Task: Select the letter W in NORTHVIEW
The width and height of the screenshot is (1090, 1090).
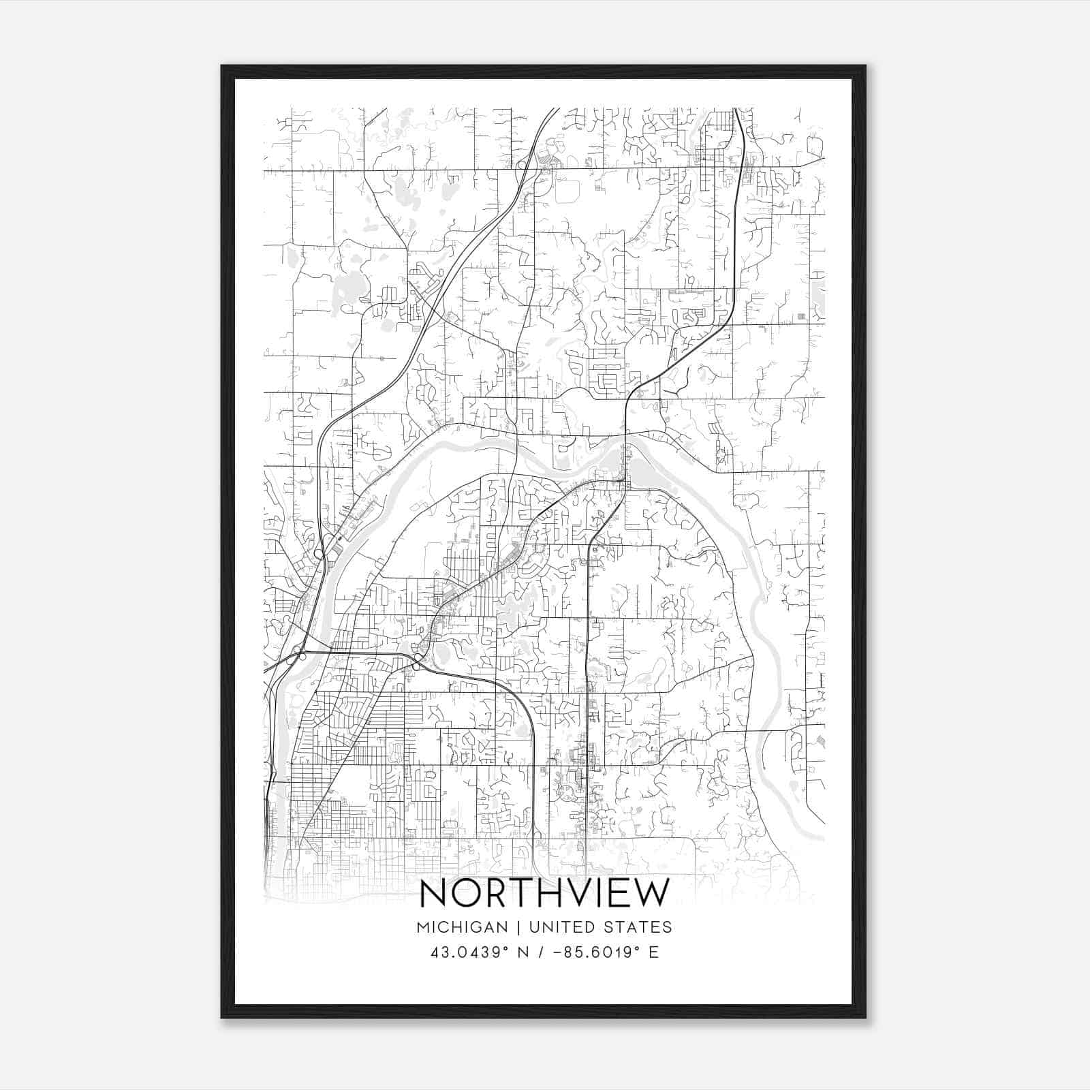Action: coord(650,893)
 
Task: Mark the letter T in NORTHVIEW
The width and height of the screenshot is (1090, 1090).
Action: coord(519,893)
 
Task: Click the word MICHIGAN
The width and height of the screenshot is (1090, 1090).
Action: coord(462,927)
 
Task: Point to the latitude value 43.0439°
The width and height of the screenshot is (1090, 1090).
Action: coord(470,952)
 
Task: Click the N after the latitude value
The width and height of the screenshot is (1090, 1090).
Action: coord(523,952)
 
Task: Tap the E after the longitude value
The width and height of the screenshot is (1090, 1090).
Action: coord(654,952)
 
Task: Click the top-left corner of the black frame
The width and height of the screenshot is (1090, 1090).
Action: coord(222,66)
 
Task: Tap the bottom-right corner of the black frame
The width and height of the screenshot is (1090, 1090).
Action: coord(865,1018)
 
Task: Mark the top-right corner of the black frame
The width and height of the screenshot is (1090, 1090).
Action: coord(865,66)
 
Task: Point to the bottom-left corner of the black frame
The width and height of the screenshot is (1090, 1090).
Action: coord(222,1018)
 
